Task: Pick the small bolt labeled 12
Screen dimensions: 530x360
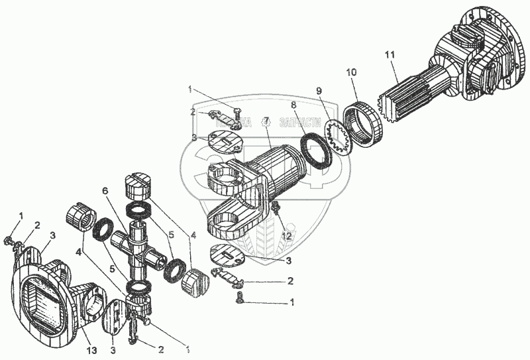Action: (276, 210)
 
